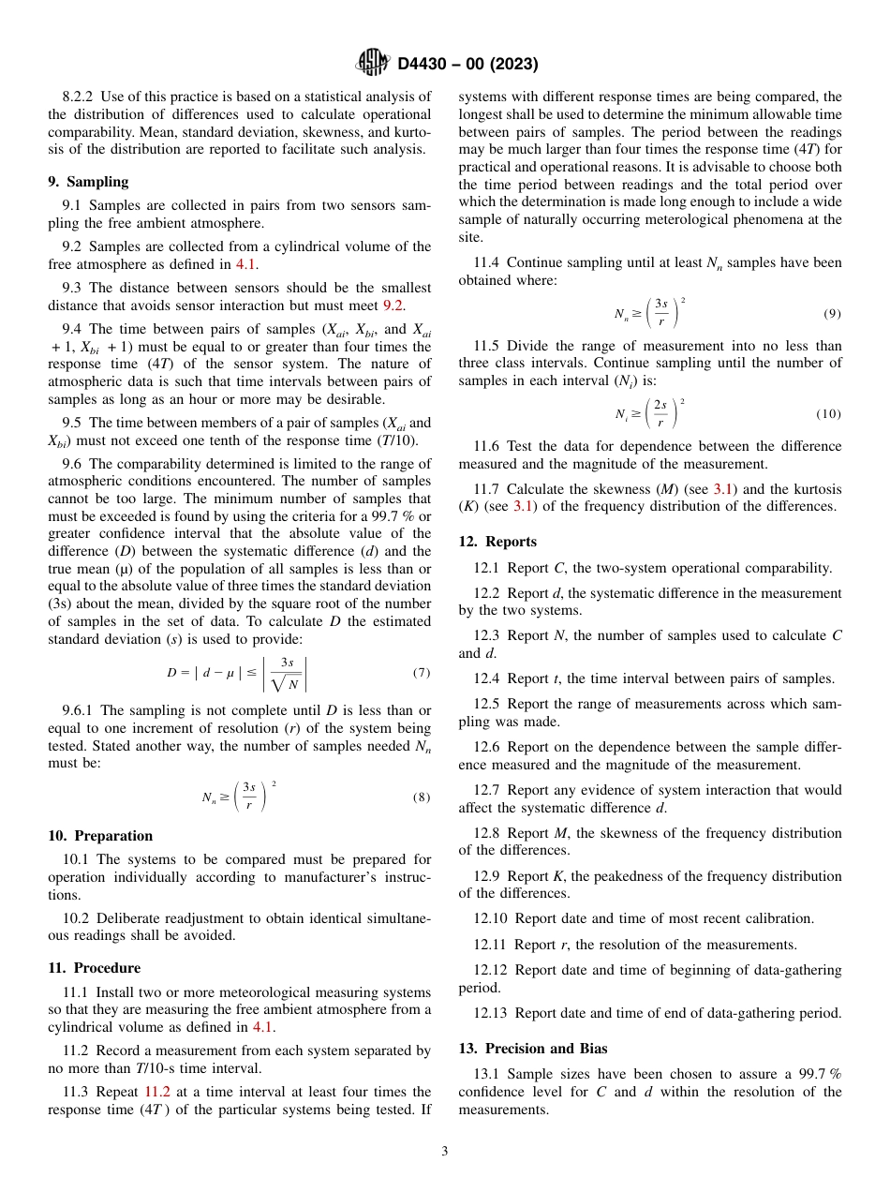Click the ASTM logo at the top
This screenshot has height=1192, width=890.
[x=373, y=63]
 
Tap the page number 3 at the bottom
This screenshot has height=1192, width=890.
[x=444, y=1152]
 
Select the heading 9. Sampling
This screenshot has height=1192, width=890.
[x=88, y=182]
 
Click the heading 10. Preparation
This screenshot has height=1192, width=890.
[x=100, y=836]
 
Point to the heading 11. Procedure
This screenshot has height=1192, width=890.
[x=94, y=968]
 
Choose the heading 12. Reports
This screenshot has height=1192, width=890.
[x=497, y=542]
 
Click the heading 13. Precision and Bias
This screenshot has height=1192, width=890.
[x=533, y=1049]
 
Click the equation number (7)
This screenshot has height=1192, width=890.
[x=422, y=673]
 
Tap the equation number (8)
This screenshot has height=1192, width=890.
[x=422, y=797]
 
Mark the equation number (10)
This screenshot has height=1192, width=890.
[x=828, y=414]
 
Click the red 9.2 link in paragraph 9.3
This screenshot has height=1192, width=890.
[x=394, y=305]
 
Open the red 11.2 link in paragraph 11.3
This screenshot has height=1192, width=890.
[x=157, y=1092]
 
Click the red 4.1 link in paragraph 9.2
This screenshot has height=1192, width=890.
[x=245, y=264]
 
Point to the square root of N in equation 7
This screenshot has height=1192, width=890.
[x=286, y=684]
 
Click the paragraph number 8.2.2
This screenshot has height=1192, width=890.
[x=79, y=97]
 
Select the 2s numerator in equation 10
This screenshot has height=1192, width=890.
[x=660, y=405]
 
